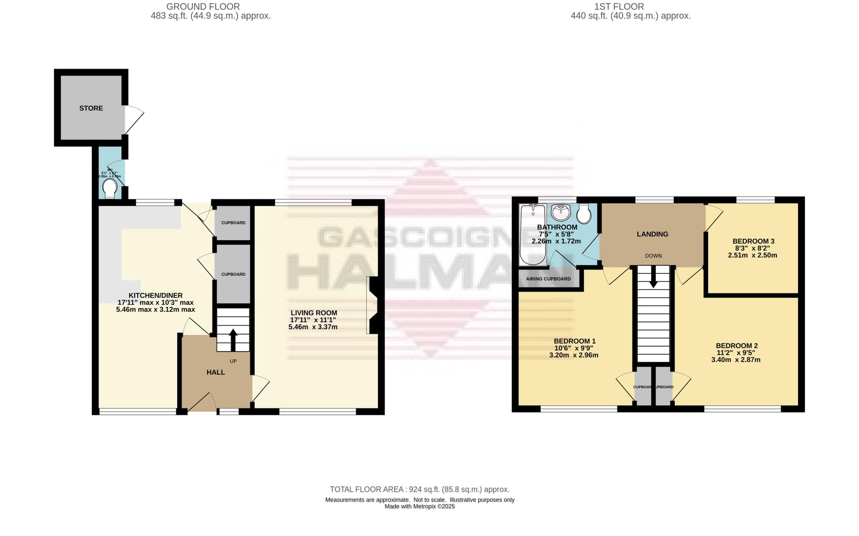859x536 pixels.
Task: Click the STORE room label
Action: [91, 108]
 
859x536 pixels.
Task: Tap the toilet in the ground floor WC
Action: [110, 189]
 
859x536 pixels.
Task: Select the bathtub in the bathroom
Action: [532, 235]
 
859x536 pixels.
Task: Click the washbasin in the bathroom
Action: [560, 213]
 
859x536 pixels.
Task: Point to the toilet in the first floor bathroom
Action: [583, 214]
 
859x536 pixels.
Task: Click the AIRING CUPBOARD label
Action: [548, 279]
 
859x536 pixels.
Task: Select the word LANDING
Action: [652, 234]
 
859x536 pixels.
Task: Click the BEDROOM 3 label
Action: [753, 241]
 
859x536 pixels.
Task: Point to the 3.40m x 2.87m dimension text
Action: [736, 360]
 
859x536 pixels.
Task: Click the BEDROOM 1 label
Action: [574, 341]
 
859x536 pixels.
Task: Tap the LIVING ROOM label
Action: [314, 313]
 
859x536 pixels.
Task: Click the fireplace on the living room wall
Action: [372, 305]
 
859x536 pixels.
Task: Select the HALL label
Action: [216, 372]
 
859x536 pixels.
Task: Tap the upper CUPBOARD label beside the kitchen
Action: [233, 223]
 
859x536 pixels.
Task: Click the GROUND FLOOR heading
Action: [203, 7]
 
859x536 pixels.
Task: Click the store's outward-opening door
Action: [134, 120]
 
